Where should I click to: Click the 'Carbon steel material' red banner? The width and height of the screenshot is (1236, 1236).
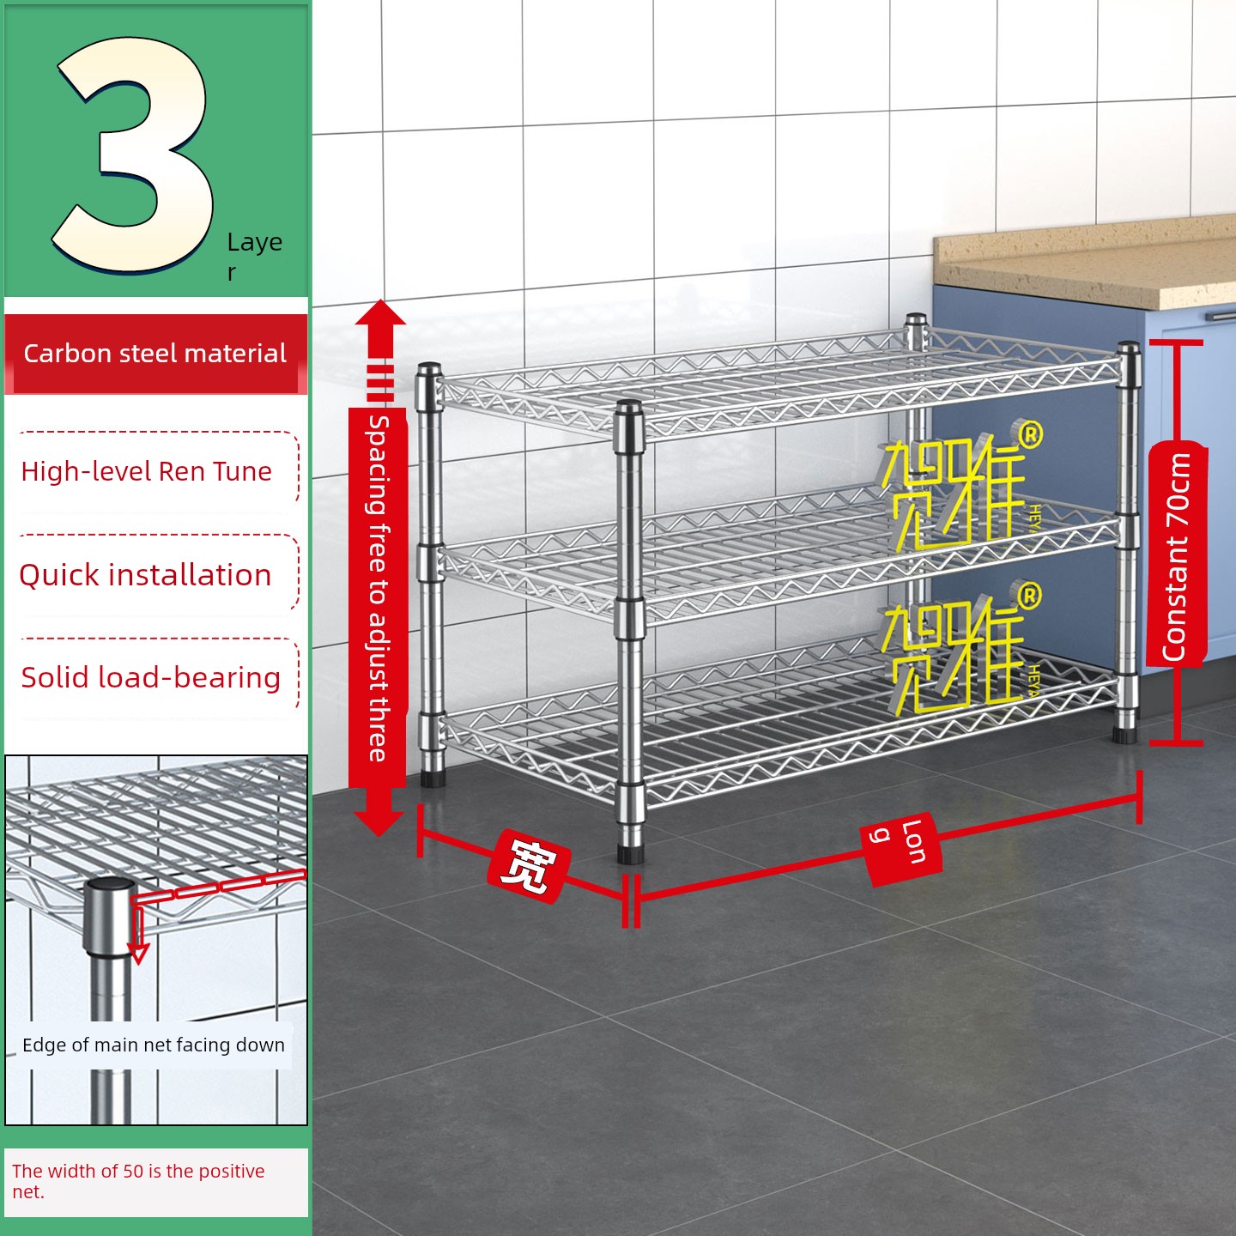pos(156,354)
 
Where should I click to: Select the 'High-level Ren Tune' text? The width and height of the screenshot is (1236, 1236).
pos(146,471)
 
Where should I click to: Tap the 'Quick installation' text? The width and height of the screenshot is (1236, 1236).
pos(145,575)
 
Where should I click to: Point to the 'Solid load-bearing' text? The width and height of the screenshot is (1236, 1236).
pos(151,677)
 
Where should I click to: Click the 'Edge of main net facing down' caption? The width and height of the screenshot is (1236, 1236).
pos(154,1045)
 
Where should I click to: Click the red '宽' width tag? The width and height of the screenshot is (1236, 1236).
pos(529,867)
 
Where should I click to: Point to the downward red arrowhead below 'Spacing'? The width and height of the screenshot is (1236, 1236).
pos(379,824)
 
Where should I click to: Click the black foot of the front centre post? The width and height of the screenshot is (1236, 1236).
pos(630,854)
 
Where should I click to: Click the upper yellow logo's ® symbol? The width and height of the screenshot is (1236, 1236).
pos(1029,435)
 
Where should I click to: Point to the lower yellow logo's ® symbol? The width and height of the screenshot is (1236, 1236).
pos(1029,596)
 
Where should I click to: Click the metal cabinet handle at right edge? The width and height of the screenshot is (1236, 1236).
pos(1220,315)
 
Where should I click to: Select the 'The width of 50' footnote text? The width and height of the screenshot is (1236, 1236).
pos(138,1181)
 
